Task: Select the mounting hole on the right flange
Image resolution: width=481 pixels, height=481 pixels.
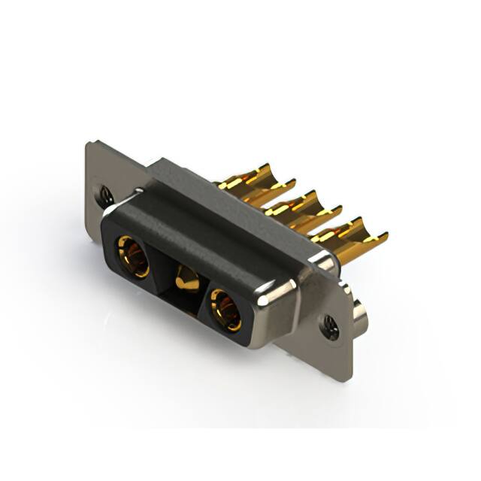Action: pos(330,325)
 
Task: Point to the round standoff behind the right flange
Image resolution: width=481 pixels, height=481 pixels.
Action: pos(362,316)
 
